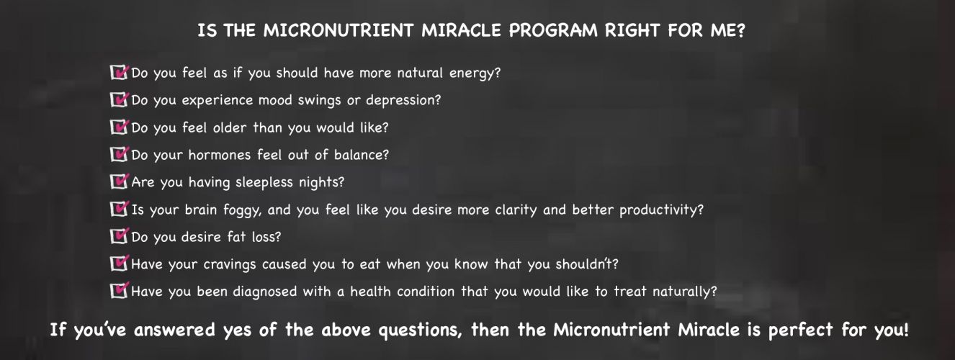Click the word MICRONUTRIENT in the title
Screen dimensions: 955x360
(x=338, y=30)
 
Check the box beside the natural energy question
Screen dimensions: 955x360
(x=119, y=73)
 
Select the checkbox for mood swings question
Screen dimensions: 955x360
(x=119, y=99)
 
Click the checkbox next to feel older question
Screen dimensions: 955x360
(x=119, y=127)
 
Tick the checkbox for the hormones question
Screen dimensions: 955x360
(x=119, y=154)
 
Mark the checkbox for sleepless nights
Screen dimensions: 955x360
(x=119, y=181)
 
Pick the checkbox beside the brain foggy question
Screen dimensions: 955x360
(x=119, y=210)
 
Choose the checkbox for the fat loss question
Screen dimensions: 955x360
(x=119, y=236)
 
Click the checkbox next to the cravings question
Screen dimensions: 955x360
(x=119, y=264)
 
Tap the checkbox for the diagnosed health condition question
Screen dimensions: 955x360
(x=119, y=291)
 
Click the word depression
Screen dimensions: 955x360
(x=403, y=101)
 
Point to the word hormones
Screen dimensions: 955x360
(x=220, y=155)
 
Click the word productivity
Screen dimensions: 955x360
(x=661, y=210)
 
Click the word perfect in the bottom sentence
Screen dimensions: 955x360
(x=801, y=330)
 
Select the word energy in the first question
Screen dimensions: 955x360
(x=475, y=73)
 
